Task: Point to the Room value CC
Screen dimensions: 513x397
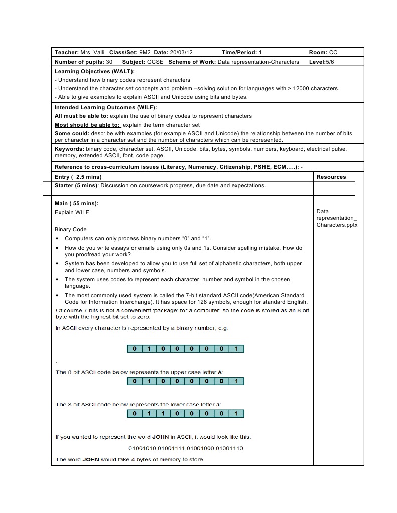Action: tap(333, 52)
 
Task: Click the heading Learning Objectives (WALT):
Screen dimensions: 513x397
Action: tap(94, 72)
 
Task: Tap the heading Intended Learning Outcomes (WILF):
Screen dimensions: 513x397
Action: tap(105, 107)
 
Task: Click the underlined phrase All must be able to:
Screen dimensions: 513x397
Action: tap(81, 116)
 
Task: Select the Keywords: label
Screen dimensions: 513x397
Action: tap(69, 149)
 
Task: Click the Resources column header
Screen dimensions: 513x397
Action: tap(331, 177)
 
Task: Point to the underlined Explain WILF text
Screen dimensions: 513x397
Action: tap(72, 212)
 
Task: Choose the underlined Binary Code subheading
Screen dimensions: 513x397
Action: tap(71, 229)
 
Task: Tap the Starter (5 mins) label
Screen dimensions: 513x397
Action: tap(75, 185)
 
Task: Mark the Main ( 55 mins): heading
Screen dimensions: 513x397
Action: tap(76, 203)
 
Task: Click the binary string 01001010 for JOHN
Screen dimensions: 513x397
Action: tap(143, 448)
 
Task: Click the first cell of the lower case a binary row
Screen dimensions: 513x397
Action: tap(134, 414)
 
